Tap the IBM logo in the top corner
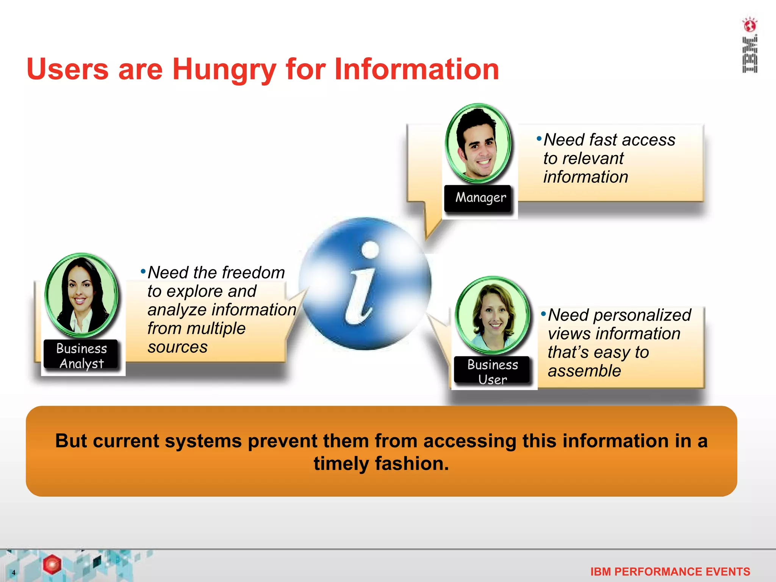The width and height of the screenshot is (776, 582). coord(749,55)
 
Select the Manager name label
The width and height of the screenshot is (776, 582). coord(480,198)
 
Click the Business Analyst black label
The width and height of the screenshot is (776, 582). coord(81,355)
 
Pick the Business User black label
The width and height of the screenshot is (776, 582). coord(492,371)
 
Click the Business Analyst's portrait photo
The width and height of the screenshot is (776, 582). coord(81,295)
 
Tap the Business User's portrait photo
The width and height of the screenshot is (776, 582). coord(492,316)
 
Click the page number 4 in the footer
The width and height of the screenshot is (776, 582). coord(14,573)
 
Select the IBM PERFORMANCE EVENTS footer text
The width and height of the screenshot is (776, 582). coord(670,571)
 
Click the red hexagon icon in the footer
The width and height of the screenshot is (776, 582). coord(52,564)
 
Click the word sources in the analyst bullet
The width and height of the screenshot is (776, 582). coord(177,347)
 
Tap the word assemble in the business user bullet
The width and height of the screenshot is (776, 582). coord(584,371)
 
